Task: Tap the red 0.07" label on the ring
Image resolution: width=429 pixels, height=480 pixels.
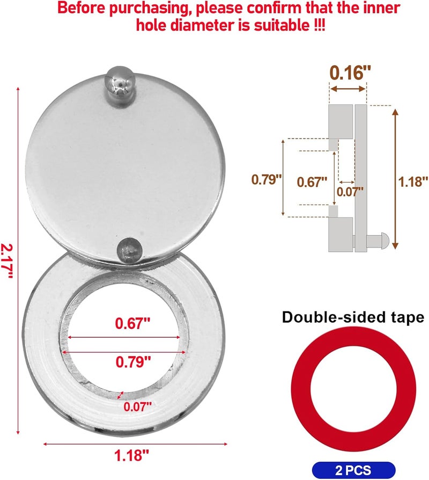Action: click(138, 406)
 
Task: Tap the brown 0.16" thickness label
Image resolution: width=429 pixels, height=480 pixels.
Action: click(347, 72)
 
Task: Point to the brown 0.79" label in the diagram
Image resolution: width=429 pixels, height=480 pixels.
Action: click(267, 179)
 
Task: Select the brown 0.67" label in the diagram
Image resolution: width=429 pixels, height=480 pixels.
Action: click(312, 181)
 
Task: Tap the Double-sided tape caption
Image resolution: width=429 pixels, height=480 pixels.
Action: click(353, 317)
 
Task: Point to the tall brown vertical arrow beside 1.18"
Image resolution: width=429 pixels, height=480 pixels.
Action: click(396, 177)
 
